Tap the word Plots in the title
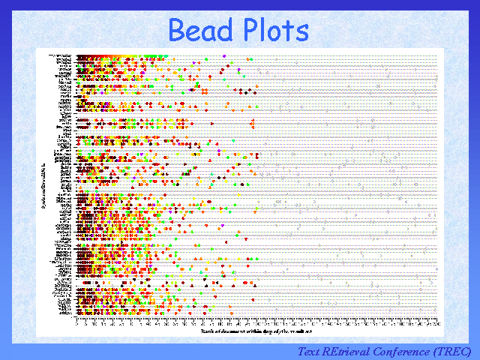(272, 31)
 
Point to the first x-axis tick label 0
(77, 322)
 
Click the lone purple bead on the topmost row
(224, 56)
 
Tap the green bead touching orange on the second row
(250, 60)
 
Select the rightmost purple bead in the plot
(239, 70)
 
